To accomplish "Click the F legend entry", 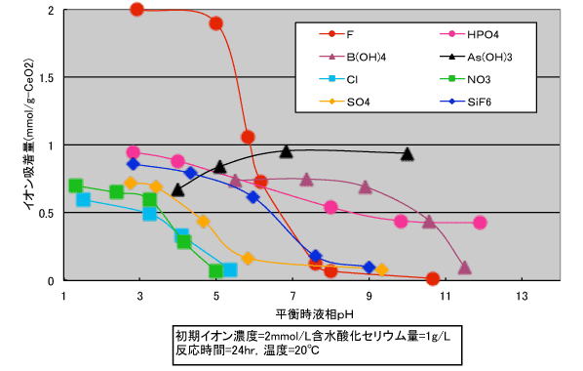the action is pos(336,34).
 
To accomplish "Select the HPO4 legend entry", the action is pos(469,34).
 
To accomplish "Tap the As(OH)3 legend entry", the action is pos(476,57).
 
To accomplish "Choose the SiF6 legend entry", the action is pos(465,102).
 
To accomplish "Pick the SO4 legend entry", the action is pos(344,102).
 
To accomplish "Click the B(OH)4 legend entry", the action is pos(353,57).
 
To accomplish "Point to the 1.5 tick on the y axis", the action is pos(46,78).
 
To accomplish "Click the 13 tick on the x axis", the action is pos(522,296).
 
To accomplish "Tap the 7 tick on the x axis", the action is pos(292,296).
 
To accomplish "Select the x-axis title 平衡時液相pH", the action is pos(315,314).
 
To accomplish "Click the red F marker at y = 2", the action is pos(137,10).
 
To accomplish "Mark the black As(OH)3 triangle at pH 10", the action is pos(408,153).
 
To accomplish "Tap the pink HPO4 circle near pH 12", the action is pos(480,223).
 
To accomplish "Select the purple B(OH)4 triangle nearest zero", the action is pos(464,268).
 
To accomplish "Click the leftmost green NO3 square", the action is pos(75,185).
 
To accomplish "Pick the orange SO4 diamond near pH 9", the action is pos(381,270).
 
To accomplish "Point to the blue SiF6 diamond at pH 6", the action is pos(253,197).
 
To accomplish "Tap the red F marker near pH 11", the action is pos(433,278).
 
